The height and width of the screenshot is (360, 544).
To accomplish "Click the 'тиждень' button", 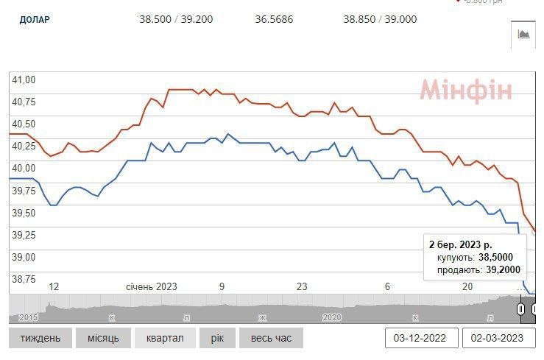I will (x=40, y=338).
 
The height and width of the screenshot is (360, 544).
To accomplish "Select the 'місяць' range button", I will (x=102, y=338).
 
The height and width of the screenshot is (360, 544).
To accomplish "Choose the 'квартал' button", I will (x=165, y=338).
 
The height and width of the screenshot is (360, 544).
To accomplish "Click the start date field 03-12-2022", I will (x=420, y=338).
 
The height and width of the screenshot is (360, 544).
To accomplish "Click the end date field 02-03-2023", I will (x=498, y=338).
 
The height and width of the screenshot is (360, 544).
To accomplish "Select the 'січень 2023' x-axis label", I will (x=152, y=286).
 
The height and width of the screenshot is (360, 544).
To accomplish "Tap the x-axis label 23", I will (x=300, y=286).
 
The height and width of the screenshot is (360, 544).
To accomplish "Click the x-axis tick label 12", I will (x=54, y=286).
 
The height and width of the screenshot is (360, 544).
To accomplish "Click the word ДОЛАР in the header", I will (x=35, y=20).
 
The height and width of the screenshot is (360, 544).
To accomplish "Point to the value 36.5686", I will (x=274, y=20).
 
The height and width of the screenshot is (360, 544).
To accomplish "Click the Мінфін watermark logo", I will (x=465, y=91).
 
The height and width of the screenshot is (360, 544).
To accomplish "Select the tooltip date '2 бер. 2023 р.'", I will (x=461, y=243).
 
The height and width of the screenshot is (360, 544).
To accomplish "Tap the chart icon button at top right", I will (x=523, y=34).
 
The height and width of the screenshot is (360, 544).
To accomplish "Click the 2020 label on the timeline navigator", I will (x=333, y=317).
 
